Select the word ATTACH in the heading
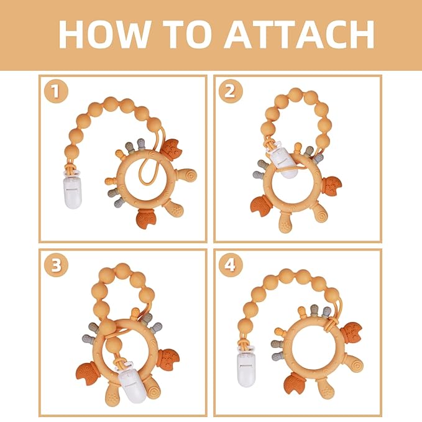tap(300, 35)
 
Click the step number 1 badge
tap(56, 92)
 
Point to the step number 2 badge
tap(230, 92)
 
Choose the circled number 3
tap(56, 265)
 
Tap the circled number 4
tap(230, 265)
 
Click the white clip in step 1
tap(73, 191)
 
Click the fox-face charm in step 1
tap(170, 148)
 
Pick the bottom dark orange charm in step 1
tap(147, 218)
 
